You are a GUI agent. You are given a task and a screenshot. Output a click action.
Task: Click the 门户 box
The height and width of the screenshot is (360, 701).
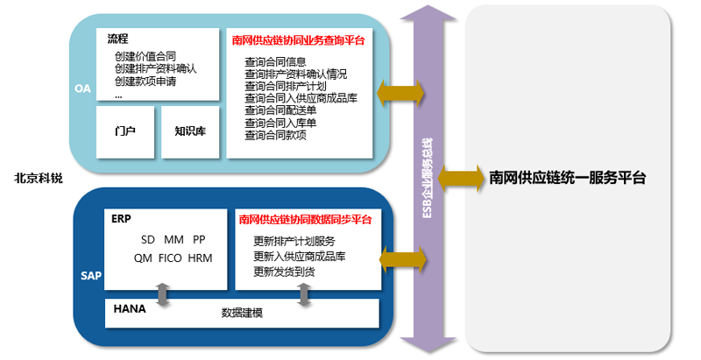point(125,132)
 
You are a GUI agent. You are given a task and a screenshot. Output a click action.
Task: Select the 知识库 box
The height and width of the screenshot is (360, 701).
point(189,132)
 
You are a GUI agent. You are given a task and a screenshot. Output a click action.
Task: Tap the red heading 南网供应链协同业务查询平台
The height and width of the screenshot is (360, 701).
point(298,40)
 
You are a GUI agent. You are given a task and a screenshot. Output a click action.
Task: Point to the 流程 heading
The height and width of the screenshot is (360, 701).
point(118,39)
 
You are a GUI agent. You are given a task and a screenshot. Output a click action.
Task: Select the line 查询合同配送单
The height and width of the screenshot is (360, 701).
point(280,111)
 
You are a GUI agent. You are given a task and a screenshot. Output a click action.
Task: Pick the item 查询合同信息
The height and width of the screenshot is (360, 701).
point(275,62)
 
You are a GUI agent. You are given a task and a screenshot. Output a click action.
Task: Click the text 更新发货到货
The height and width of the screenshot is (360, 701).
point(284,272)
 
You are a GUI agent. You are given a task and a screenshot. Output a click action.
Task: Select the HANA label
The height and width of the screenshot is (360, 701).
point(131,310)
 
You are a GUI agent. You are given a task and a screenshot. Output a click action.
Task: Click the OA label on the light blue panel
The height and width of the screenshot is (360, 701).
point(83,88)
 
